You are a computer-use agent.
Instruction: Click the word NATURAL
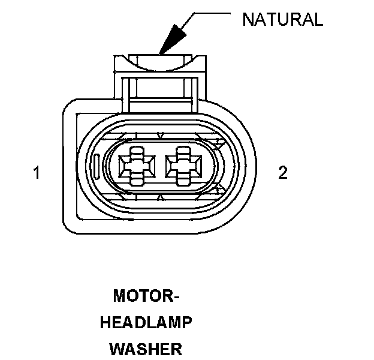[282, 19]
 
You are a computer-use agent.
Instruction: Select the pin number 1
[37, 173]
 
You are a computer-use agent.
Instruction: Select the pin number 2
[283, 173]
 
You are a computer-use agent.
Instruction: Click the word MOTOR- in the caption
[146, 296]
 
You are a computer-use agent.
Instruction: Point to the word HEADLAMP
[146, 323]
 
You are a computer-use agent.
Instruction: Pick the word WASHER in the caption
[146, 349]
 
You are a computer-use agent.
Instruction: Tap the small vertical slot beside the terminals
[97, 166]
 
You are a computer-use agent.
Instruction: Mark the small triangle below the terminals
[158, 196]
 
